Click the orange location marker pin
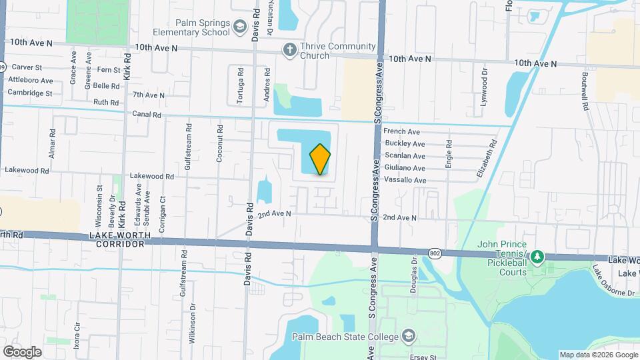[320, 159]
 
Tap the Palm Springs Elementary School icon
[239, 27]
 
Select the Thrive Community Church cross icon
[289, 49]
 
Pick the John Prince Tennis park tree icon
[536, 257]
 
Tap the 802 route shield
[435, 253]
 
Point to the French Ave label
[401, 132]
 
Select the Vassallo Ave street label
[405, 181]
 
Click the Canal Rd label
[147, 115]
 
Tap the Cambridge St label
[30, 93]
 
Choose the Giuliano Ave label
[405, 169]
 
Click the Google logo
[22, 351]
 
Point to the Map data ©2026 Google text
[597, 355]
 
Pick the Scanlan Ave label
[405, 156]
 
